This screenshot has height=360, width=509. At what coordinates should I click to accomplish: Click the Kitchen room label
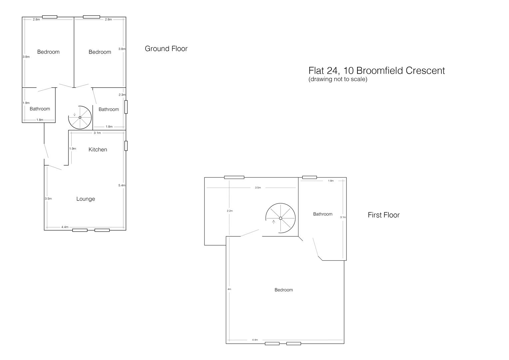coord(98,150)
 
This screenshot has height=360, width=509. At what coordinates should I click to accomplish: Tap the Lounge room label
coord(86,199)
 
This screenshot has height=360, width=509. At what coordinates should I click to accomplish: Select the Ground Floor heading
coord(166,49)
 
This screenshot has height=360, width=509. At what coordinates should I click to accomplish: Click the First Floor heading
coord(383,215)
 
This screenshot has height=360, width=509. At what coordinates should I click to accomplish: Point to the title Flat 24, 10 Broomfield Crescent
coord(376,71)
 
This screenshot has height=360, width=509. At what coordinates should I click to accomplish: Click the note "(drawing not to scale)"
coord(337,79)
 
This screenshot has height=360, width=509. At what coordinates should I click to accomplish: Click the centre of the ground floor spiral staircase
coord(80,117)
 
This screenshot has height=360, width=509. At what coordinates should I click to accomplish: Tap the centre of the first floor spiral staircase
coord(280,218)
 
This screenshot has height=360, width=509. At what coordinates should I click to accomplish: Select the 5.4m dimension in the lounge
coord(122,185)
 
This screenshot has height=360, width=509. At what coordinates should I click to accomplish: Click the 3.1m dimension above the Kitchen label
coord(97,133)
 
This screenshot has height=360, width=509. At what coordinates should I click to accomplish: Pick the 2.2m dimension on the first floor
coord(230,211)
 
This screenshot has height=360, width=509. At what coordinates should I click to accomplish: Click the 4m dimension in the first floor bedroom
coord(229,289)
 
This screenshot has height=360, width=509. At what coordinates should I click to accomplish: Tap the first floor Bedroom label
coord(283,290)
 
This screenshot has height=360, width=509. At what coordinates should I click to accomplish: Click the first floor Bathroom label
coord(322,214)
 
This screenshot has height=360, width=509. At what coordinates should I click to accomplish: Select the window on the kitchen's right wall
coord(126,146)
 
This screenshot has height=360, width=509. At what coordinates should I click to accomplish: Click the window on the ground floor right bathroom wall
coord(126,107)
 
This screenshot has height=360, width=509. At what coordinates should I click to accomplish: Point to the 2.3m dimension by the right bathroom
coord(122,95)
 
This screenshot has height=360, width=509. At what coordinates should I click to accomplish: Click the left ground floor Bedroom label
coord(48,52)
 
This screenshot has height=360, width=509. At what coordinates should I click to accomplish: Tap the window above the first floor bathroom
coord(309,177)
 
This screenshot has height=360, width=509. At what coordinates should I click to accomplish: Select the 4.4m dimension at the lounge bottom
coord(65,227)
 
